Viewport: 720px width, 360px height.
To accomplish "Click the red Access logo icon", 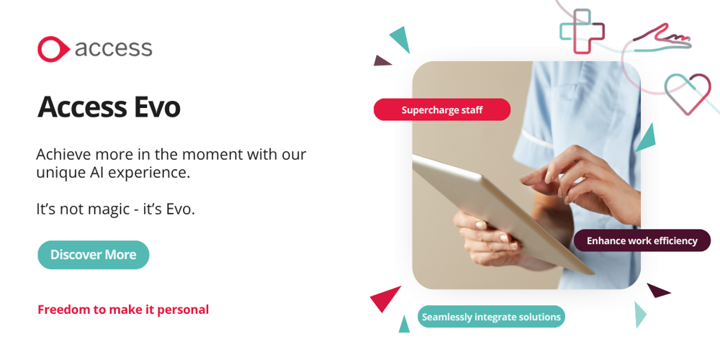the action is point(53,49).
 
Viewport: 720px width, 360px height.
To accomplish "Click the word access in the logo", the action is point(114,48).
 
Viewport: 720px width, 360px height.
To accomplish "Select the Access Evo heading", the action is point(109,107).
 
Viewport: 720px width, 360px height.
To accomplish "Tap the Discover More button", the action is point(93,255).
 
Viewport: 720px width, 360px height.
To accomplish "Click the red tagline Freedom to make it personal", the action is point(123,310).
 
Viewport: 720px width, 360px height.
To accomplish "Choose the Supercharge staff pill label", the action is point(442,109).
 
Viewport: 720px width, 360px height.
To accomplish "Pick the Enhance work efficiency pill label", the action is point(642,240).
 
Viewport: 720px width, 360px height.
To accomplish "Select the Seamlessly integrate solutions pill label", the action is point(491,317).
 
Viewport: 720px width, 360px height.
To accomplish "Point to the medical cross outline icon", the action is point(582,31).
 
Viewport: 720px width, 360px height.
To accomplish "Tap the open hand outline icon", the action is point(662,39).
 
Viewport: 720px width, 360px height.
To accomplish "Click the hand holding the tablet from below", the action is point(491,239).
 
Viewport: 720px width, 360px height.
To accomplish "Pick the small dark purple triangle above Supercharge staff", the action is point(382,61).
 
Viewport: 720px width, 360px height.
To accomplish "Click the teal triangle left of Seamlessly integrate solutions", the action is point(404,325).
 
